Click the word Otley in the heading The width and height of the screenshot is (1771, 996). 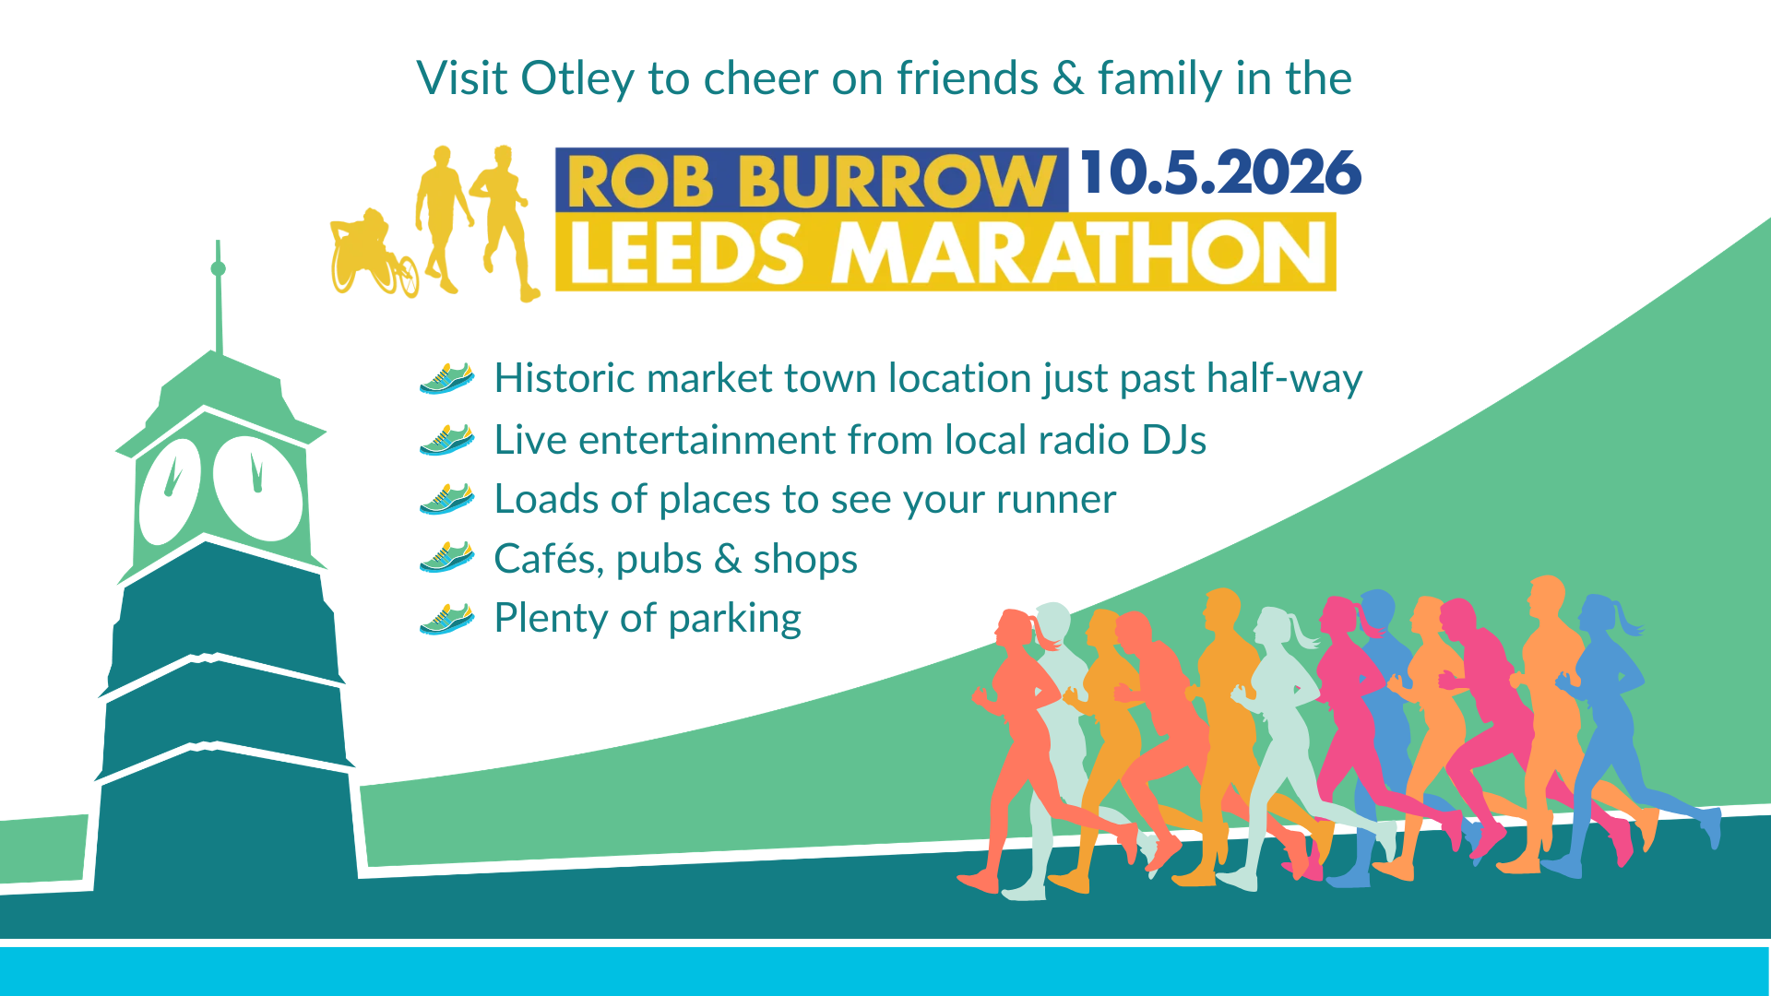coord(577,79)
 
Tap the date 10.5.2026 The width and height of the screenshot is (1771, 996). coord(1220,172)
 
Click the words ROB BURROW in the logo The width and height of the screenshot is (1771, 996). coord(811,182)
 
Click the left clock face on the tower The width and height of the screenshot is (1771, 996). coord(171,491)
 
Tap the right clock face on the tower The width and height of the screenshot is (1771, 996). coord(257,489)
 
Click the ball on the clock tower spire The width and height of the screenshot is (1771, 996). coord(218,268)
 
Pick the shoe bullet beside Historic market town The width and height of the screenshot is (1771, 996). coord(447,378)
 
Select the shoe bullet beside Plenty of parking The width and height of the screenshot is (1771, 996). coord(447,619)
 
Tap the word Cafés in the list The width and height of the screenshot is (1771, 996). coord(548,559)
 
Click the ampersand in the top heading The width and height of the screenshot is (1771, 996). coord(1068,78)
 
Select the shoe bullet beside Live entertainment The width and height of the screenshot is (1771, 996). coord(447,440)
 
